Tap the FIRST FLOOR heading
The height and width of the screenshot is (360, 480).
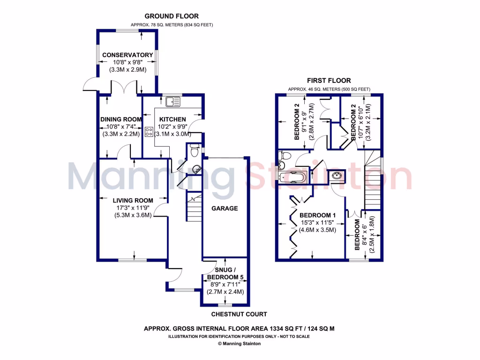[x=329, y=81]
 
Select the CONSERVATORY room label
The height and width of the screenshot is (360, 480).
[x=127, y=55]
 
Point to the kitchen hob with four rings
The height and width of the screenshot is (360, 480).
[x=150, y=132]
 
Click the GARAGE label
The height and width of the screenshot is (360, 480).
[x=225, y=208]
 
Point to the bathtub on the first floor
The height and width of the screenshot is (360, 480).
[x=292, y=177]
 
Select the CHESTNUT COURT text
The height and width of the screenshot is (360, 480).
[x=239, y=314]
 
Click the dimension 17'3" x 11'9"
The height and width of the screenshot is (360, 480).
[x=133, y=208]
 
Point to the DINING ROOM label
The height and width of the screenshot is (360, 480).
[x=121, y=120]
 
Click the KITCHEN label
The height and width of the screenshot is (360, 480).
[x=172, y=119]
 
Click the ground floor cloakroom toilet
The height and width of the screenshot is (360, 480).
[x=195, y=151]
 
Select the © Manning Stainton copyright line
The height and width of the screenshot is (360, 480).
[x=240, y=343]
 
